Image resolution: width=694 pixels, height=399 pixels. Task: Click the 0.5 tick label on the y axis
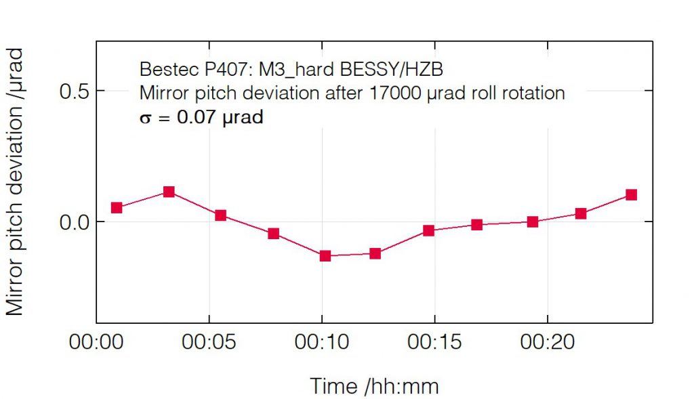(76, 91)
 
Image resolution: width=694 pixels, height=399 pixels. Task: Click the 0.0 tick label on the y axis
(76, 222)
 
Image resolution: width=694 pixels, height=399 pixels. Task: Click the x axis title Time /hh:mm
(374, 386)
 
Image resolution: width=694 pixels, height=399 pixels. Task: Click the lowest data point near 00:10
(325, 256)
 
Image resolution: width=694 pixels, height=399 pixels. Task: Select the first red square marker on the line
(117, 207)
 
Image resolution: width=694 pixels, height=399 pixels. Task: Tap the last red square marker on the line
(631, 195)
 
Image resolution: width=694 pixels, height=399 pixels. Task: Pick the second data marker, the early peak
(169, 192)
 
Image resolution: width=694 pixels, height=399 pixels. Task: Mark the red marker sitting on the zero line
(533, 222)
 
